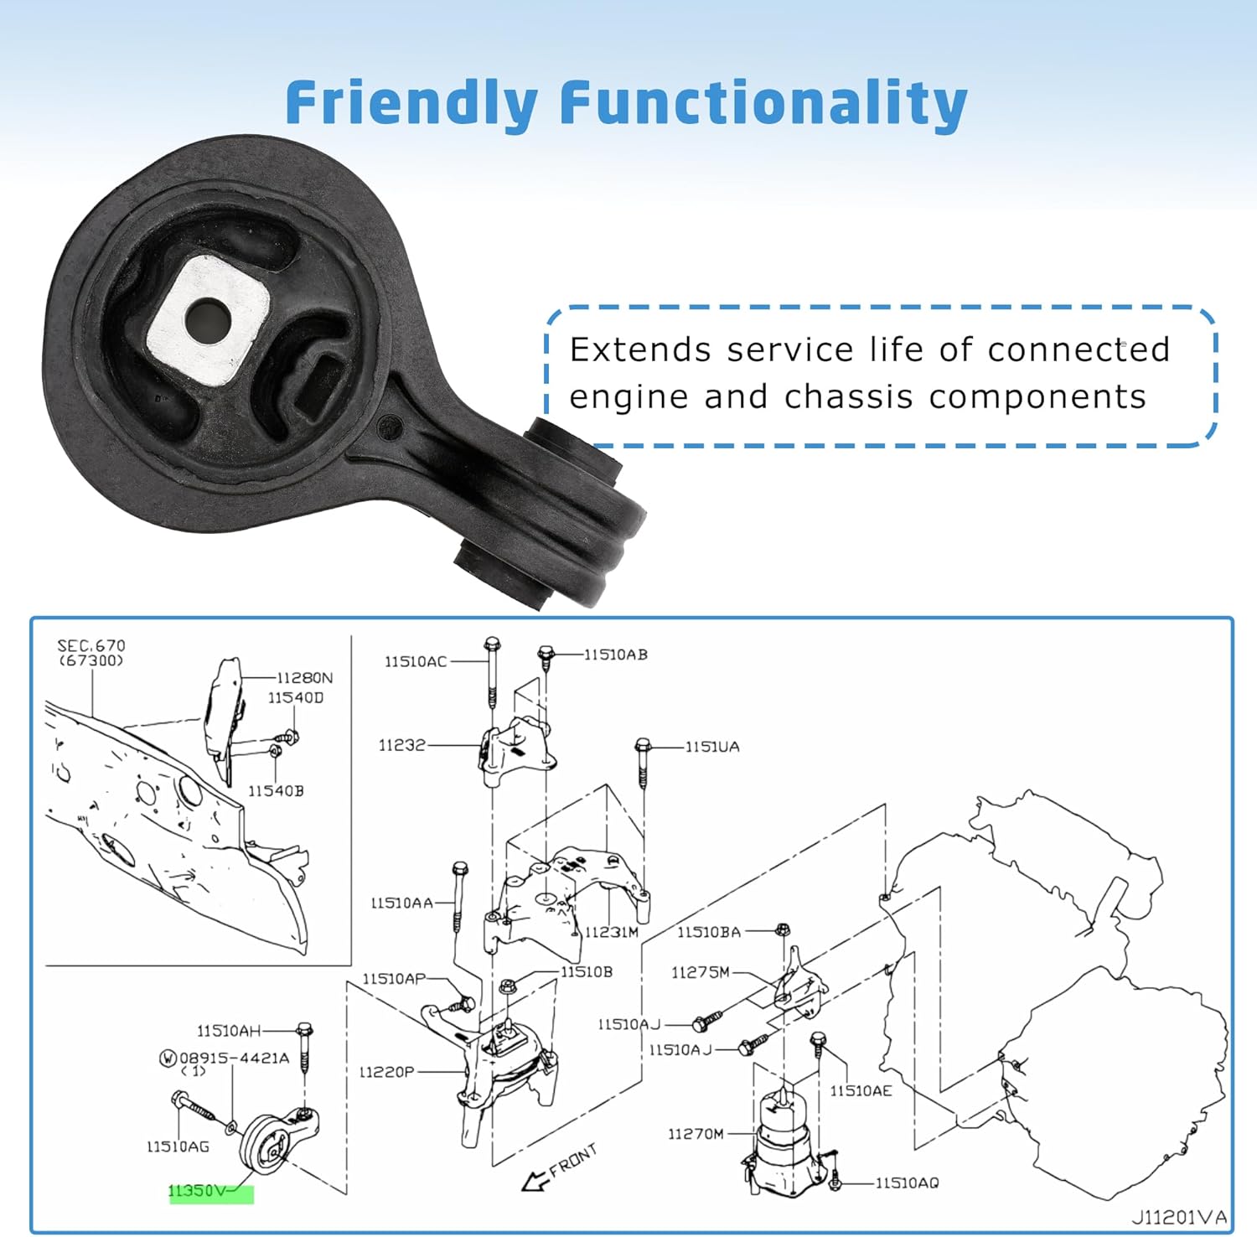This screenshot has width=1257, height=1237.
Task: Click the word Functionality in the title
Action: coord(763,102)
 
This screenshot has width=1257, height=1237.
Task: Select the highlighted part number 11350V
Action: coord(198,1191)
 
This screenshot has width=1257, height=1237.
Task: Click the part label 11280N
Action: coord(305,678)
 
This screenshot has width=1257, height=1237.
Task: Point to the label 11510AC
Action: coord(416,662)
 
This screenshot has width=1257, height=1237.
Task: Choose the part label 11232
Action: coord(402,745)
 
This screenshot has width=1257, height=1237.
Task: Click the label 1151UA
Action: coord(712,747)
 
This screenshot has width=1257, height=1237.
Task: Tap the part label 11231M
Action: coord(611,932)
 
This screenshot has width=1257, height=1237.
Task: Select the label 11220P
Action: coord(386,1072)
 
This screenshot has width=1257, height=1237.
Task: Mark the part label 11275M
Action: coord(700,972)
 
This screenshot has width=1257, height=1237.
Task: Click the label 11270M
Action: coord(696,1134)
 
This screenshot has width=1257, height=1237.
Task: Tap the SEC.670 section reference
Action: coord(91,646)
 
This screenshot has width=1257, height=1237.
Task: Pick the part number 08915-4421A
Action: coord(234,1058)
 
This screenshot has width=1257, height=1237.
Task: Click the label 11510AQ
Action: coord(907,1183)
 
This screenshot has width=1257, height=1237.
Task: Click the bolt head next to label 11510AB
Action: coord(546,653)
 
